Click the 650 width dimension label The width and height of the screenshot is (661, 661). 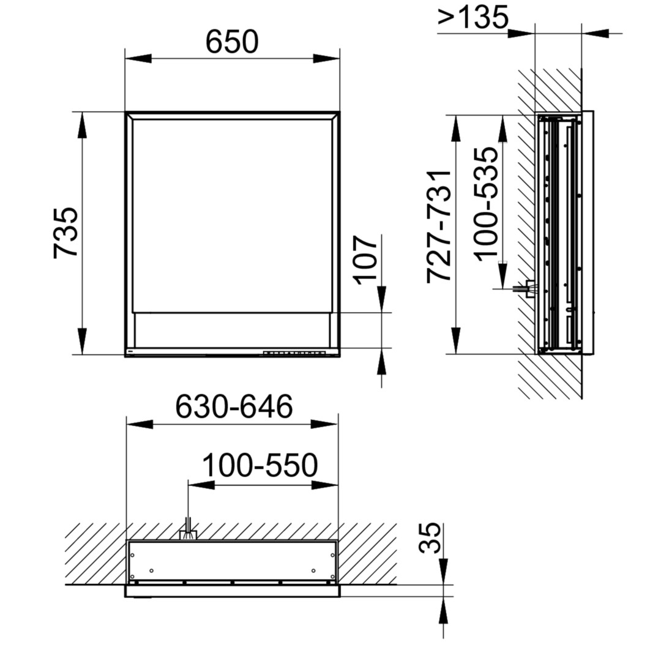pyautogui.click(x=232, y=42)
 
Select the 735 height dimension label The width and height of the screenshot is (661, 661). pyautogui.click(x=65, y=233)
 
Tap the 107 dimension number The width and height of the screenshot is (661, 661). pyautogui.click(x=365, y=260)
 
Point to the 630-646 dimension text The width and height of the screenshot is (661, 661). pyautogui.click(x=234, y=406)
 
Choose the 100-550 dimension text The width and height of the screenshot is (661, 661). pyautogui.click(x=260, y=465)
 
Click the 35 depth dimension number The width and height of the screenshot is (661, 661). pyautogui.click(x=430, y=538)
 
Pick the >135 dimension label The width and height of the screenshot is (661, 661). pyautogui.click(x=473, y=17)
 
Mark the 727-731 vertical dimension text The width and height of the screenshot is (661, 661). pyautogui.click(x=439, y=226)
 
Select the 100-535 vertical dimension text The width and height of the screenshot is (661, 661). pyautogui.click(x=485, y=204)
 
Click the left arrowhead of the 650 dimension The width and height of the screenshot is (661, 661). pyautogui.click(x=138, y=59)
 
